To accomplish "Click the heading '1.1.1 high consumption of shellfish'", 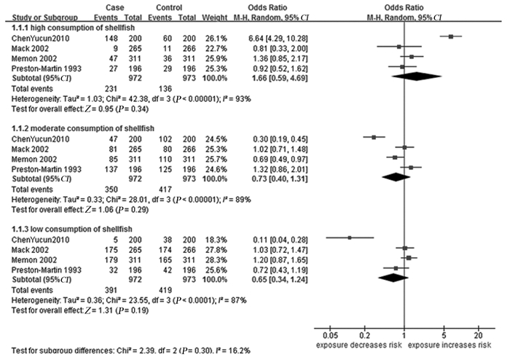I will point(59,26).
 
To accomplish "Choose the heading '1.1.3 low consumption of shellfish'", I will point(58,229).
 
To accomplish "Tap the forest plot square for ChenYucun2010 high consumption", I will point(452,36).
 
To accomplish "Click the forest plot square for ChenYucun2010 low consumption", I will point(350,238).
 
